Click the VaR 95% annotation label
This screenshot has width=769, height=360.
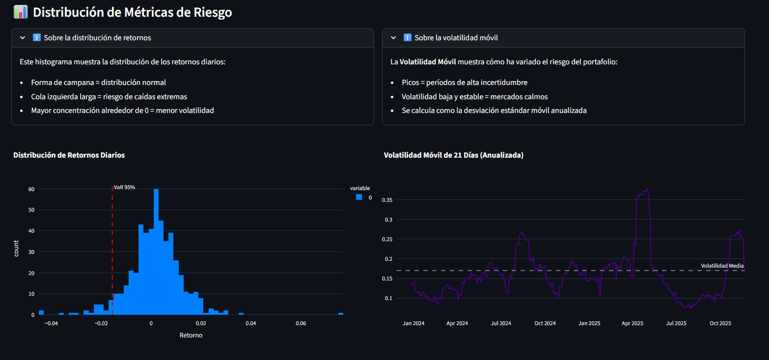click(x=124, y=187)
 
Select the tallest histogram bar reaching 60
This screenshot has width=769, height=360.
click(x=156, y=251)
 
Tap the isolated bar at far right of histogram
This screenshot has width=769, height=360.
click(x=341, y=313)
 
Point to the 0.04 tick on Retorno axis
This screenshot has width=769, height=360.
click(x=251, y=323)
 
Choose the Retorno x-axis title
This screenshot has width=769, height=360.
click(x=191, y=335)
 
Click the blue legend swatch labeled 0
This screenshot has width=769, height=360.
click(x=359, y=197)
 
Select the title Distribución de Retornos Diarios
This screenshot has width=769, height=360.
click(x=69, y=155)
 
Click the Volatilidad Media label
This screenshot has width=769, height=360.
click(x=722, y=266)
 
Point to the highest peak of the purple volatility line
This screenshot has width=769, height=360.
click(x=648, y=189)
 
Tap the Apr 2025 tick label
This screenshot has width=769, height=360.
click(x=632, y=323)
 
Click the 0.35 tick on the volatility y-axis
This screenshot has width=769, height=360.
click(x=388, y=200)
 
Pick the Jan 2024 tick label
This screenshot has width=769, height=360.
click(x=413, y=323)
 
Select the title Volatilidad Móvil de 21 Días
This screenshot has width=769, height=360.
click(x=453, y=155)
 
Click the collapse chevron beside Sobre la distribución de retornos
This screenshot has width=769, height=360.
click(x=23, y=38)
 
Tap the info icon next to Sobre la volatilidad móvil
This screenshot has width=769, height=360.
click(x=407, y=38)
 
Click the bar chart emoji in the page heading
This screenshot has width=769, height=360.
click(x=21, y=12)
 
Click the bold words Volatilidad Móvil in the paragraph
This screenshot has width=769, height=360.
click(x=428, y=62)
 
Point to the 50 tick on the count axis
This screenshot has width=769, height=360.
click(x=31, y=210)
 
